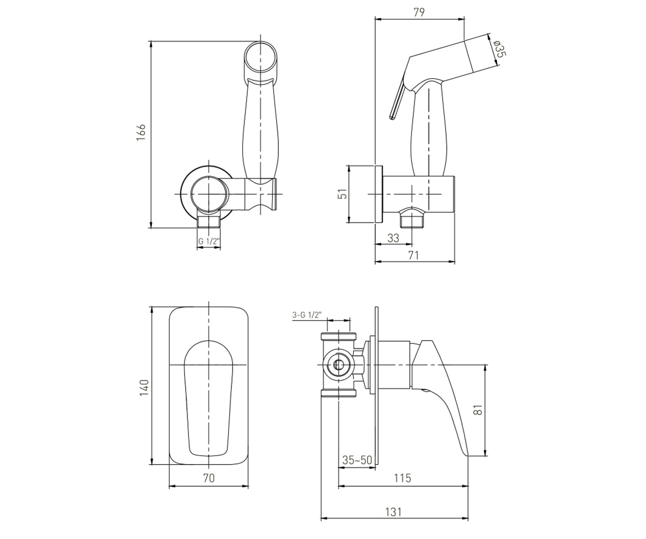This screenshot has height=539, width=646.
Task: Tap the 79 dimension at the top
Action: tap(419, 12)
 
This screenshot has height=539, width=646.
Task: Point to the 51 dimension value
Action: tap(343, 194)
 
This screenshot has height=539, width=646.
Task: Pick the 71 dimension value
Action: tap(413, 255)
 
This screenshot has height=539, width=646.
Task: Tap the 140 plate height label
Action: tap(144, 387)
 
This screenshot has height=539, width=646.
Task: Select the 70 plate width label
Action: tap(209, 478)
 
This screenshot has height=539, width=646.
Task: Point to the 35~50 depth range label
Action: tap(357, 460)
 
